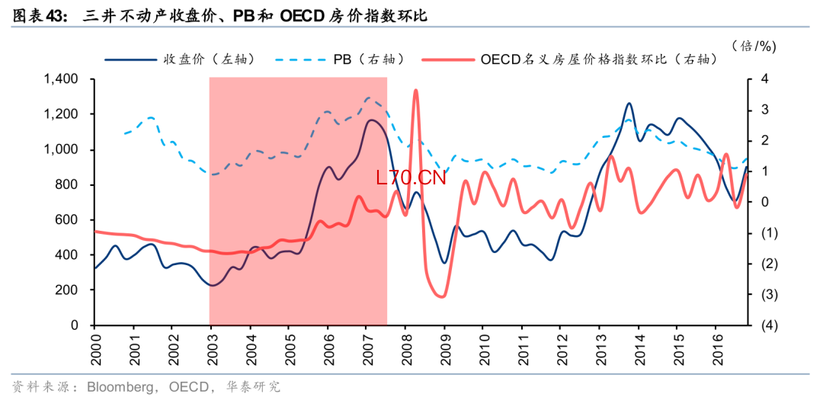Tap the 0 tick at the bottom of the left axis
click(x=75, y=325)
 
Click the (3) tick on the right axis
click(x=768, y=294)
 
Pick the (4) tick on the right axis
click(x=768, y=325)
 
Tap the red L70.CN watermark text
click(x=411, y=178)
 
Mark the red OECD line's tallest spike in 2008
click(x=416, y=91)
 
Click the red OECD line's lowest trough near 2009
click(x=441, y=296)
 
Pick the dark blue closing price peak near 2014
click(x=629, y=103)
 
